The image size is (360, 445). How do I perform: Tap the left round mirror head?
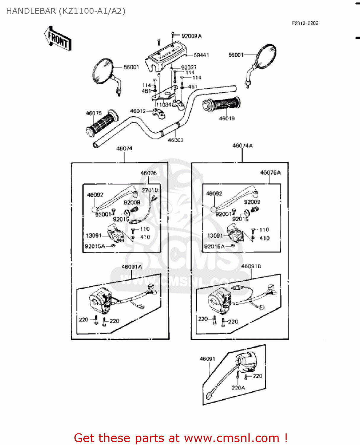[103, 71]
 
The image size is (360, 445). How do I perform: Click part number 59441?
[201, 55]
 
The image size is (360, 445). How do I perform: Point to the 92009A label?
[192, 36]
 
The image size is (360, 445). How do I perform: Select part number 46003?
[176, 140]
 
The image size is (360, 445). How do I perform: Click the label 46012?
[138, 111]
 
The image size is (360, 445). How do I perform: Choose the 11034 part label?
[164, 105]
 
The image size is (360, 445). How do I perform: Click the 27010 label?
[150, 190]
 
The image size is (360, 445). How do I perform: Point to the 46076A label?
[270, 172]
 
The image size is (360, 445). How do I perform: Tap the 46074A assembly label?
[243, 146]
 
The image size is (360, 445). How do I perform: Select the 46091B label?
[251, 266]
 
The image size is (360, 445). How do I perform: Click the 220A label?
[238, 388]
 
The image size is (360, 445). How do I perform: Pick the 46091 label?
[207, 359]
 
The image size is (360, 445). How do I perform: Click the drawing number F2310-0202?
[305, 23]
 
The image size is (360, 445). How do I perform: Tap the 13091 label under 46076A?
[215, 236]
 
